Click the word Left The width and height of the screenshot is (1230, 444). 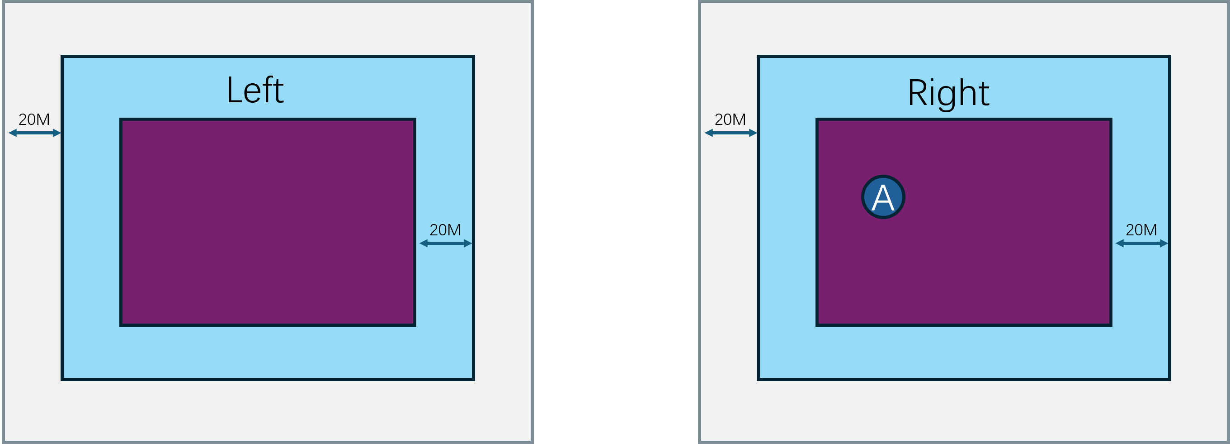pyautogui.click(x=255, y=90)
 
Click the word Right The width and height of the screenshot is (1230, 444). pyautogui.click(x=948, y=93)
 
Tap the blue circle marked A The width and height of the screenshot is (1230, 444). pyautogui.click(x=883, y=197)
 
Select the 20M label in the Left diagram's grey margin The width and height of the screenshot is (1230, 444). pyautogui.click(x=34, y=119)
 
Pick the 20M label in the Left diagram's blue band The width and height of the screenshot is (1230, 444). pyautogui.click(x=445, y=230)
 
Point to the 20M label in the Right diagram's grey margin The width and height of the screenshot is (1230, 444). pyautogui.click(x=730, y=119)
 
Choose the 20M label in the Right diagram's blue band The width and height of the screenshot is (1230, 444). pyautogui.click(x=1141, y=230)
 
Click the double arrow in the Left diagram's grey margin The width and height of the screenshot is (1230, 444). pyautogui.click(x=35, y=133)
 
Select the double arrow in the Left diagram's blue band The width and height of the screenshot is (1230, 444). pyautogui.click(x=446, y=243)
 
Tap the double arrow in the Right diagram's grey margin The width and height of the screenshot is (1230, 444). pyautogui.click(x=730, y=133)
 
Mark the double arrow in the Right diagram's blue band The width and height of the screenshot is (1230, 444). pyautogui.click(x=1142, y=243)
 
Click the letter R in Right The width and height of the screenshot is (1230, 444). pyautogui.click(x=917, y=93)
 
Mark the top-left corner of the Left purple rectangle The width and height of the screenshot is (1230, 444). pyautogui.click(x=121, y=119)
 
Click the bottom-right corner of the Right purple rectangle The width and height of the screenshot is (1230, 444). pyautogui.click(x=1111, y=325)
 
